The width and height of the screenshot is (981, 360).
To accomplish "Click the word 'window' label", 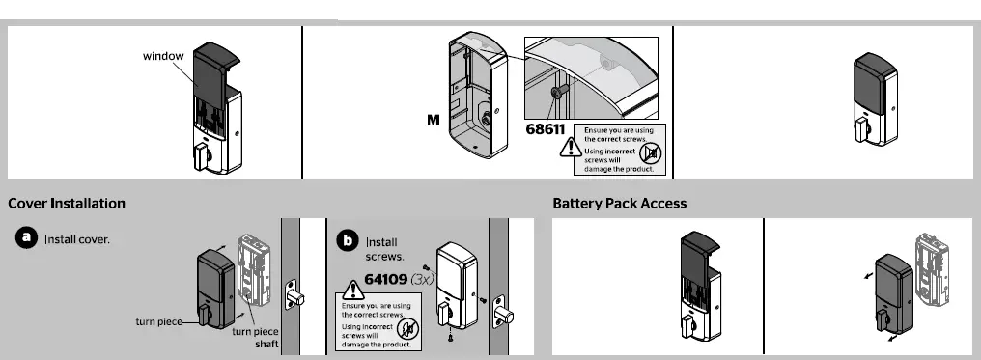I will (163, 56).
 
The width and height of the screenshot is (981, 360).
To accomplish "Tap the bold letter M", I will (434, 123).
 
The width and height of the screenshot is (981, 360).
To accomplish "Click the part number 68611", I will (546, 127).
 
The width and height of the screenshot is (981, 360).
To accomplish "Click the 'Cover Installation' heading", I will (67, 204).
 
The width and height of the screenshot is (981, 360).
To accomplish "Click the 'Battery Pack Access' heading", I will (619, 204).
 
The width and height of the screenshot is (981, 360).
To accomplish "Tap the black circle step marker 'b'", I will (347, 239).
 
